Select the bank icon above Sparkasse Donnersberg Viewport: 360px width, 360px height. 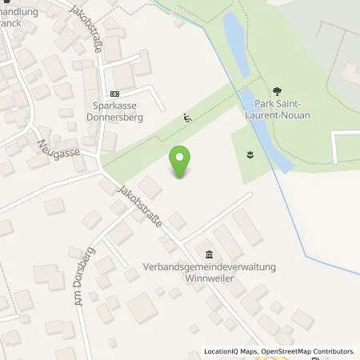coord(114,92)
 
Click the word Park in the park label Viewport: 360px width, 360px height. coord(267,103)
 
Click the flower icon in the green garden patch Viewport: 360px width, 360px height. coord(250,153)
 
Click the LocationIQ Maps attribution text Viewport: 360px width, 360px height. coord(231,351)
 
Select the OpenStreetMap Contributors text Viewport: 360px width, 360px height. coord(310,351)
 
